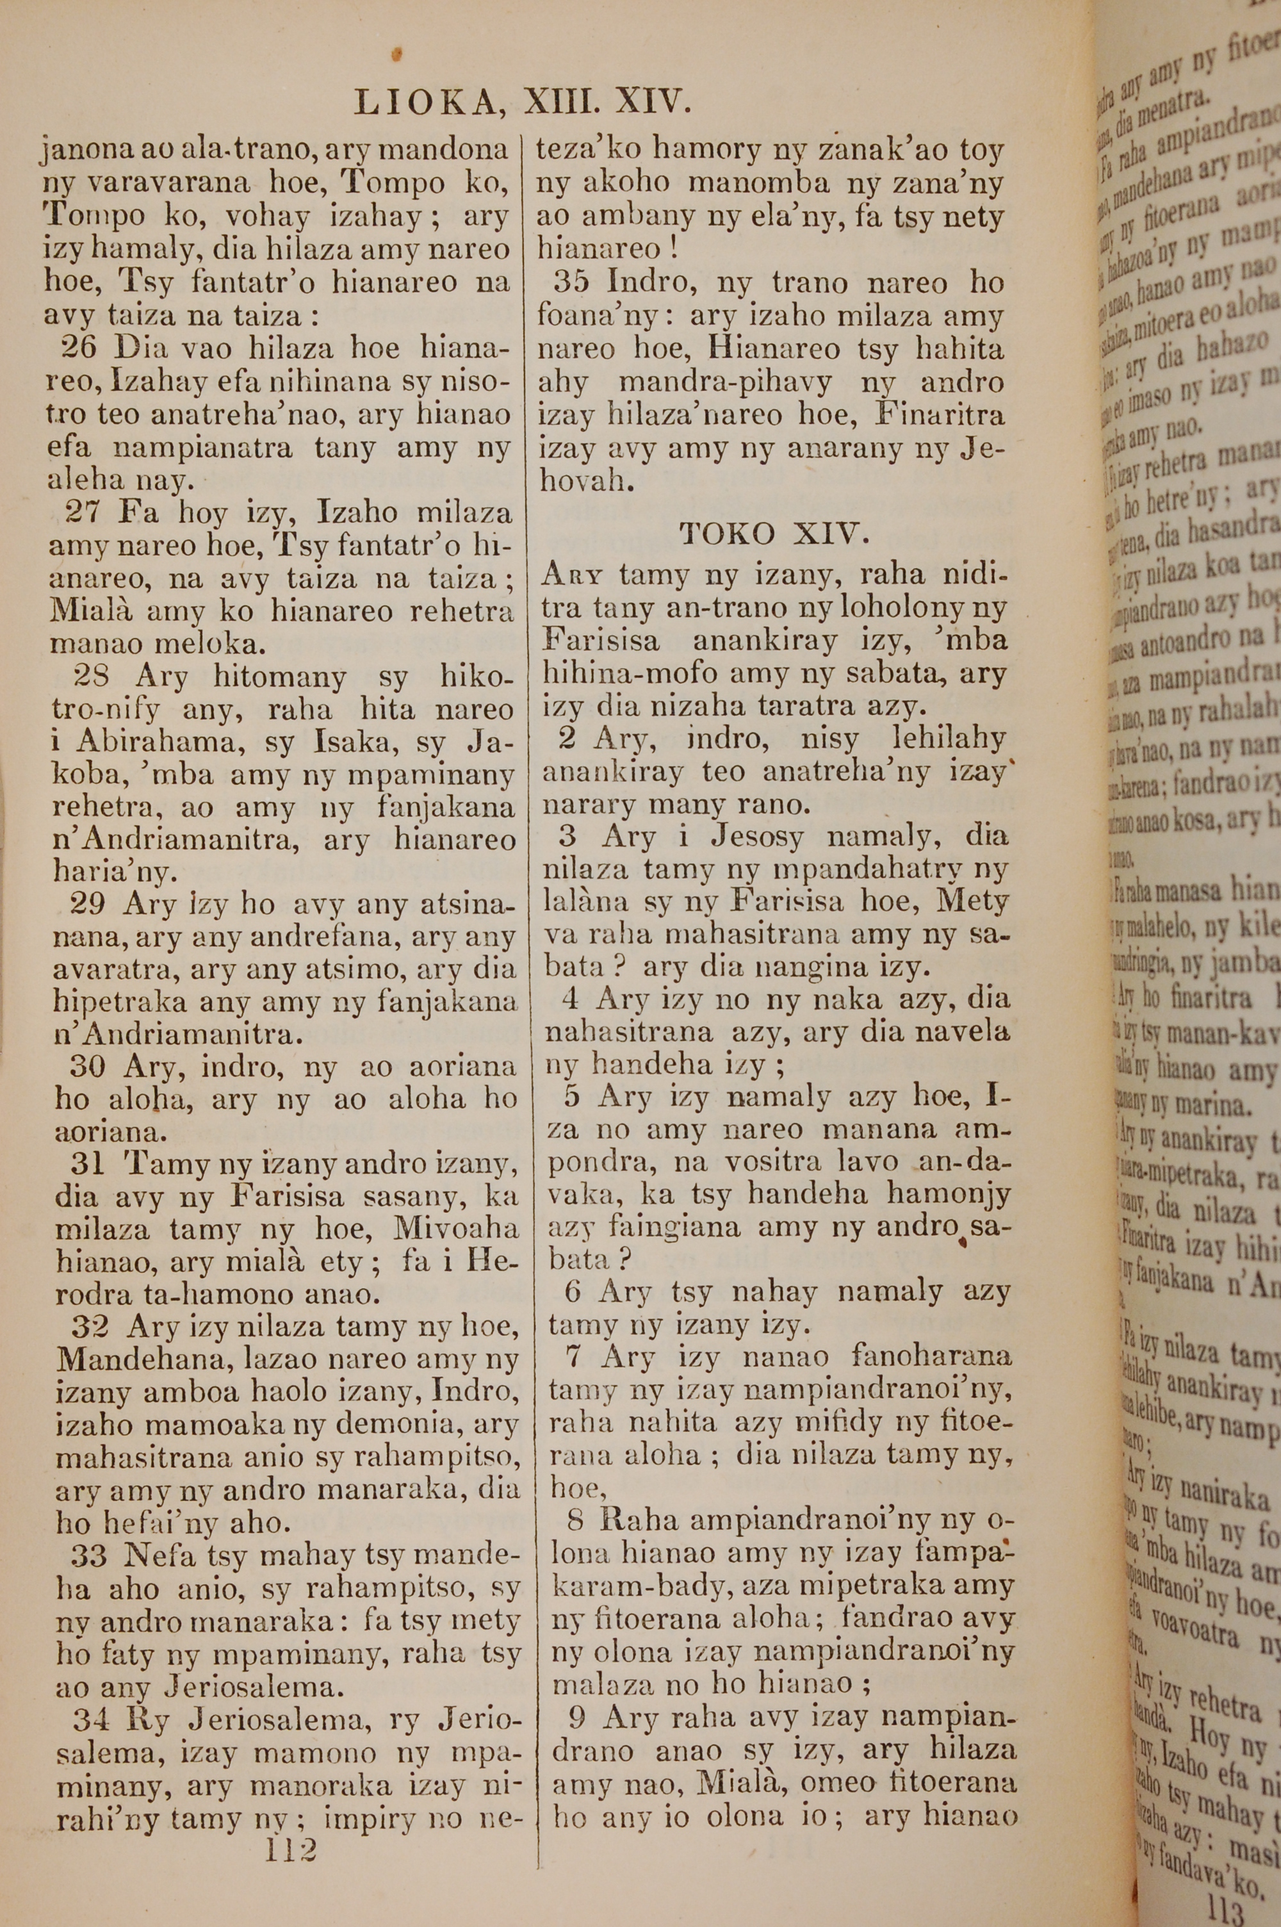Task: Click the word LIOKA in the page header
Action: point(423,103)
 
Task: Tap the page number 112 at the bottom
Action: point(291,1849)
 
